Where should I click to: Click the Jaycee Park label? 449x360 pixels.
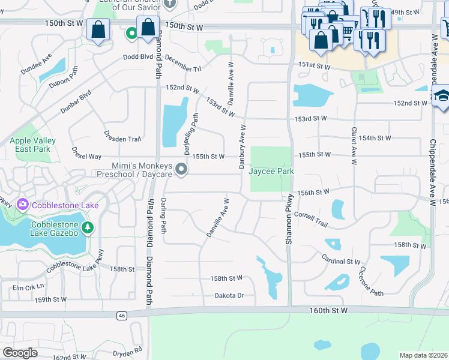[x=271, y=171]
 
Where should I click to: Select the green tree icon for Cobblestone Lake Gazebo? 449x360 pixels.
[x=88, y=227]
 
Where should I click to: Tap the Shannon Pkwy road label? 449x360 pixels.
[x=289, y=218]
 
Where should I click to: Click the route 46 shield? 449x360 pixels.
[x=122, y=315]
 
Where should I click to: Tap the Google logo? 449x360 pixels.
[x=20, y=353]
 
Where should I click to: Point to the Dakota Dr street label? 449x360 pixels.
[x=229, y=295]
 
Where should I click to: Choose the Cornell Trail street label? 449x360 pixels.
[x=311, y=219]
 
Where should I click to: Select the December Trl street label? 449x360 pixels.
[x=181, y=65]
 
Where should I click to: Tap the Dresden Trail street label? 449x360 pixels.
[x=122, y=139]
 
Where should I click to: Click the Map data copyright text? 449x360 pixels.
[x=423, y=355]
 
